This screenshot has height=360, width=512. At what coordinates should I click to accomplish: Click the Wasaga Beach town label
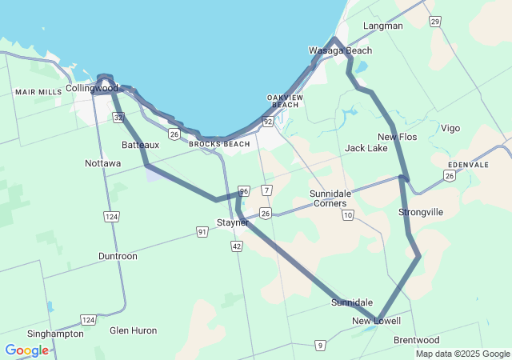[x=340, y=50]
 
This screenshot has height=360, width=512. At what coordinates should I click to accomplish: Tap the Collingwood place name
[x=92, y=88]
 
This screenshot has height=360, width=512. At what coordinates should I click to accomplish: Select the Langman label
[x=382, y=26]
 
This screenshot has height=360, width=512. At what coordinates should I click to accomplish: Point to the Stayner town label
[x=233, y=222]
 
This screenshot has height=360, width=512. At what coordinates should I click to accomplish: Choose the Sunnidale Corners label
[x=329, y=198]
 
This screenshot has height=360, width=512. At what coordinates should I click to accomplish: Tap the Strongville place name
[x=421, y=212]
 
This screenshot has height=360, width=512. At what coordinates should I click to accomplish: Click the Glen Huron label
[x=134, y=330]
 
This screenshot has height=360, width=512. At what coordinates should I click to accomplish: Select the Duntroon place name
[x=118, y=256]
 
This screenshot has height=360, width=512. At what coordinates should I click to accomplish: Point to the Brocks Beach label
[x=219, y=144]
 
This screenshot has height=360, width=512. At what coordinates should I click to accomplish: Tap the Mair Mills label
[x=38, y=92]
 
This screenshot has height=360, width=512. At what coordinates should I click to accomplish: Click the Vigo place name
[x=450, y=128]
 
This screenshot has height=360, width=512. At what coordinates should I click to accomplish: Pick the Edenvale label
[x=468, y=165]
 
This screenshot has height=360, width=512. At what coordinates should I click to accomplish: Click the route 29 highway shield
[x=434, y=21]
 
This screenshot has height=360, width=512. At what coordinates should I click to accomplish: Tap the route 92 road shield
[x=268, y=121]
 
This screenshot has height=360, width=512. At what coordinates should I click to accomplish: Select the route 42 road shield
[x=237, y=247]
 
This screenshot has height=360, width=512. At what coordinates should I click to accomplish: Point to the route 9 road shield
[x=320, y=345]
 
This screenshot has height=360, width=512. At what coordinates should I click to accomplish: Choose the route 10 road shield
[x=347, y=215]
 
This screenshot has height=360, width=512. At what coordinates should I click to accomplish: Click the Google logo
[x=26, y=350]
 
